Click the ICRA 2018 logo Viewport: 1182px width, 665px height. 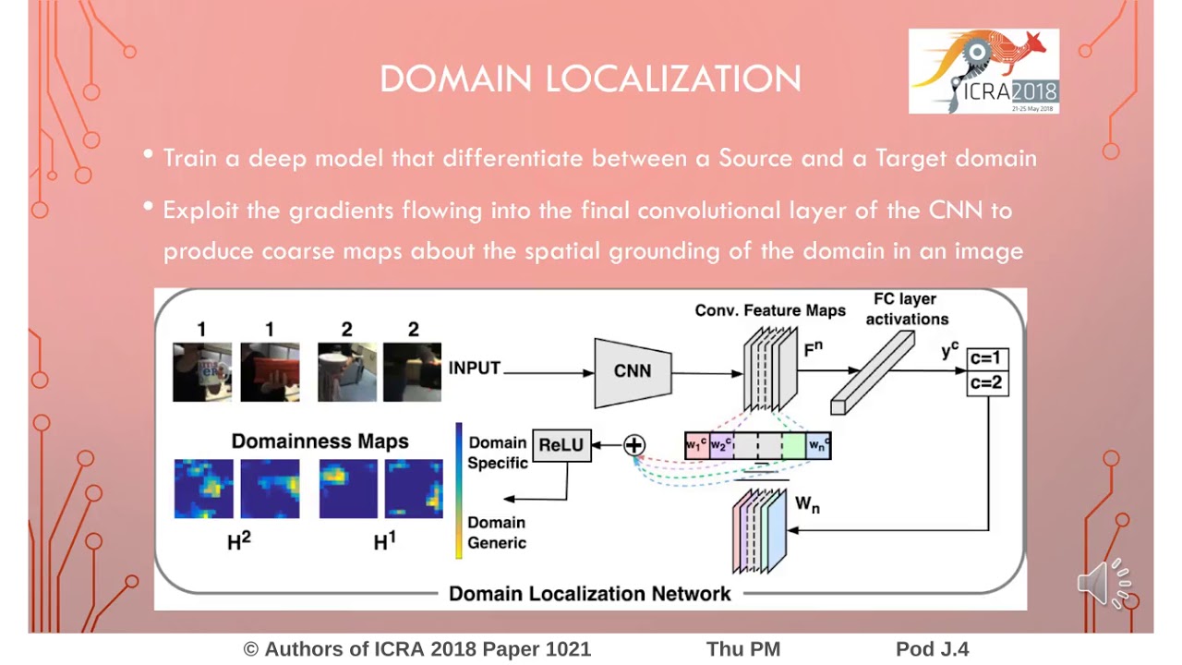983,71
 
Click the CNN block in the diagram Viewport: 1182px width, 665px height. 633,371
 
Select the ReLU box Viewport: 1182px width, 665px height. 561,445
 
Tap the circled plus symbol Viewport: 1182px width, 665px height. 633,446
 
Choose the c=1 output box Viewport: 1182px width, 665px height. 987,359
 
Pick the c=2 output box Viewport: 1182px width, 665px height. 987,382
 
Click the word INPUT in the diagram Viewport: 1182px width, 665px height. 475,369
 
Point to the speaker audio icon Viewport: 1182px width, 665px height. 1104,584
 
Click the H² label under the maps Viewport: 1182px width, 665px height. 238,542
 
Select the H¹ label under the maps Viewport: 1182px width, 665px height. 384,542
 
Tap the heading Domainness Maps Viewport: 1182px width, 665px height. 320,441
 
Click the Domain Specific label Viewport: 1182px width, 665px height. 497,453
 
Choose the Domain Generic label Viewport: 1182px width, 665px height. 497,533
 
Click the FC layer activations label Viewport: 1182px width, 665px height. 906,309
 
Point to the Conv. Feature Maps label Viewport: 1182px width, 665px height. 770,311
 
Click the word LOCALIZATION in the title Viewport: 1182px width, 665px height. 673,79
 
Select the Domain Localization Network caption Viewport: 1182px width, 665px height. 589,594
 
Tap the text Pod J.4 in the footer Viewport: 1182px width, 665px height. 932,649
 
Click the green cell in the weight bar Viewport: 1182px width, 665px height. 794,446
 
